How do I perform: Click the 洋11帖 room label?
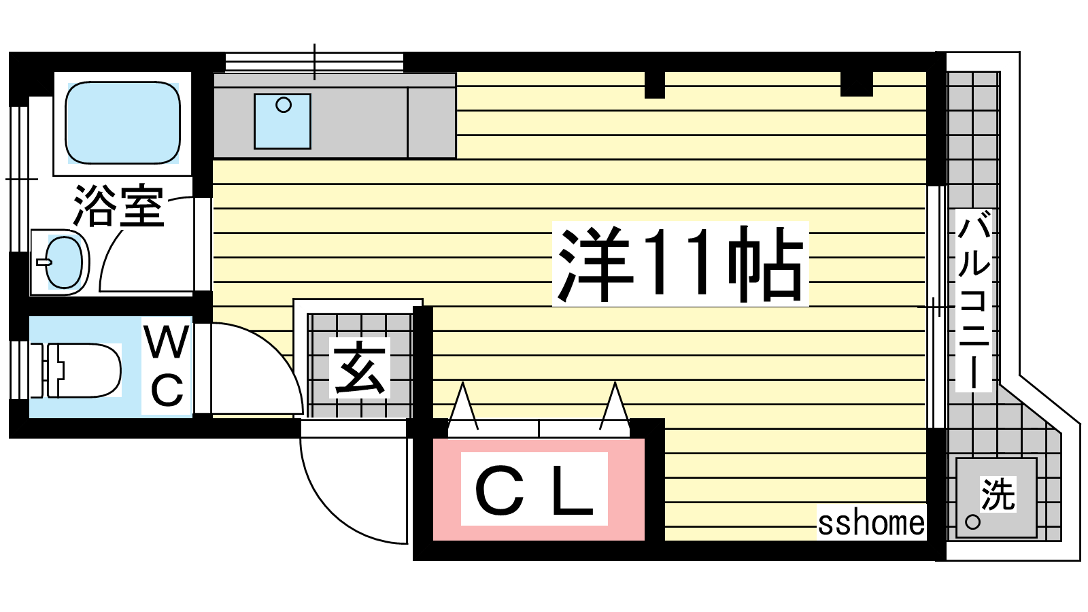point(680,264)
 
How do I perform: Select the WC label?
point(167,367)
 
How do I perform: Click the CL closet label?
point(534,490)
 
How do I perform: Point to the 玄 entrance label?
point(360,368)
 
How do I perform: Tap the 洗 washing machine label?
point(998,494)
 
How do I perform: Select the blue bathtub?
point(123,122)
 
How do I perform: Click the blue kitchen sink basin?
point(282,122)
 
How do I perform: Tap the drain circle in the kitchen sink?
point(283,105)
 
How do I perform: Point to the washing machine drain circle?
point(972,522)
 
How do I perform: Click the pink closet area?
point(539,489)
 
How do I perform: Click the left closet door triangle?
point(463,407)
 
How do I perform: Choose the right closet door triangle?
point(615,407)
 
